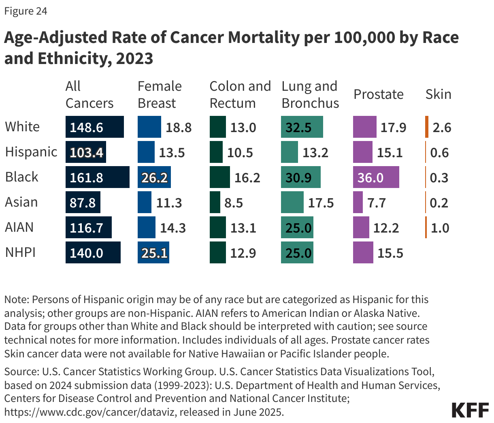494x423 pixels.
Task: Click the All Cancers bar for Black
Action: click(x=97, y=177)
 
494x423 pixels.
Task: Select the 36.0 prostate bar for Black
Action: click(x=376, y=177)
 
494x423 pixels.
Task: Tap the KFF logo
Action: click(x=470, y=410)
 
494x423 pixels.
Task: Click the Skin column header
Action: click(x=438, y=94)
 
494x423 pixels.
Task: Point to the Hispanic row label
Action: click(x=31, y=152)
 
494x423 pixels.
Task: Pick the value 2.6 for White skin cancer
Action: click(x=442, y=127)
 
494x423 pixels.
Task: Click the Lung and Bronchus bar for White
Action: click(x=302, y=127)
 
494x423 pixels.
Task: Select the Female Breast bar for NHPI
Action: click(x=153, y=252)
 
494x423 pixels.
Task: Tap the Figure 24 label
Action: click(x=26, y=11)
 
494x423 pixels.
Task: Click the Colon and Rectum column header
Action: click(x=240, y=94)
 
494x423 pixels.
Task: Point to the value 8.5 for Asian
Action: click(x=234, y=202)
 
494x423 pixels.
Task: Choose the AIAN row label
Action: click(x=19, y=227)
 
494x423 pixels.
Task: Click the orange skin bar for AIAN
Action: click(x=426, y=227)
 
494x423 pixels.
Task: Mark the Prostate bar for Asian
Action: click(x=358, y=202)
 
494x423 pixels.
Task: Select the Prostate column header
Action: click(x=378, y=94)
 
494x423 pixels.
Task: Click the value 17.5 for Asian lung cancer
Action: click(x=321, y=202)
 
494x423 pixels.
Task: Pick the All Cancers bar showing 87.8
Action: click(x=83, y=202)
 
